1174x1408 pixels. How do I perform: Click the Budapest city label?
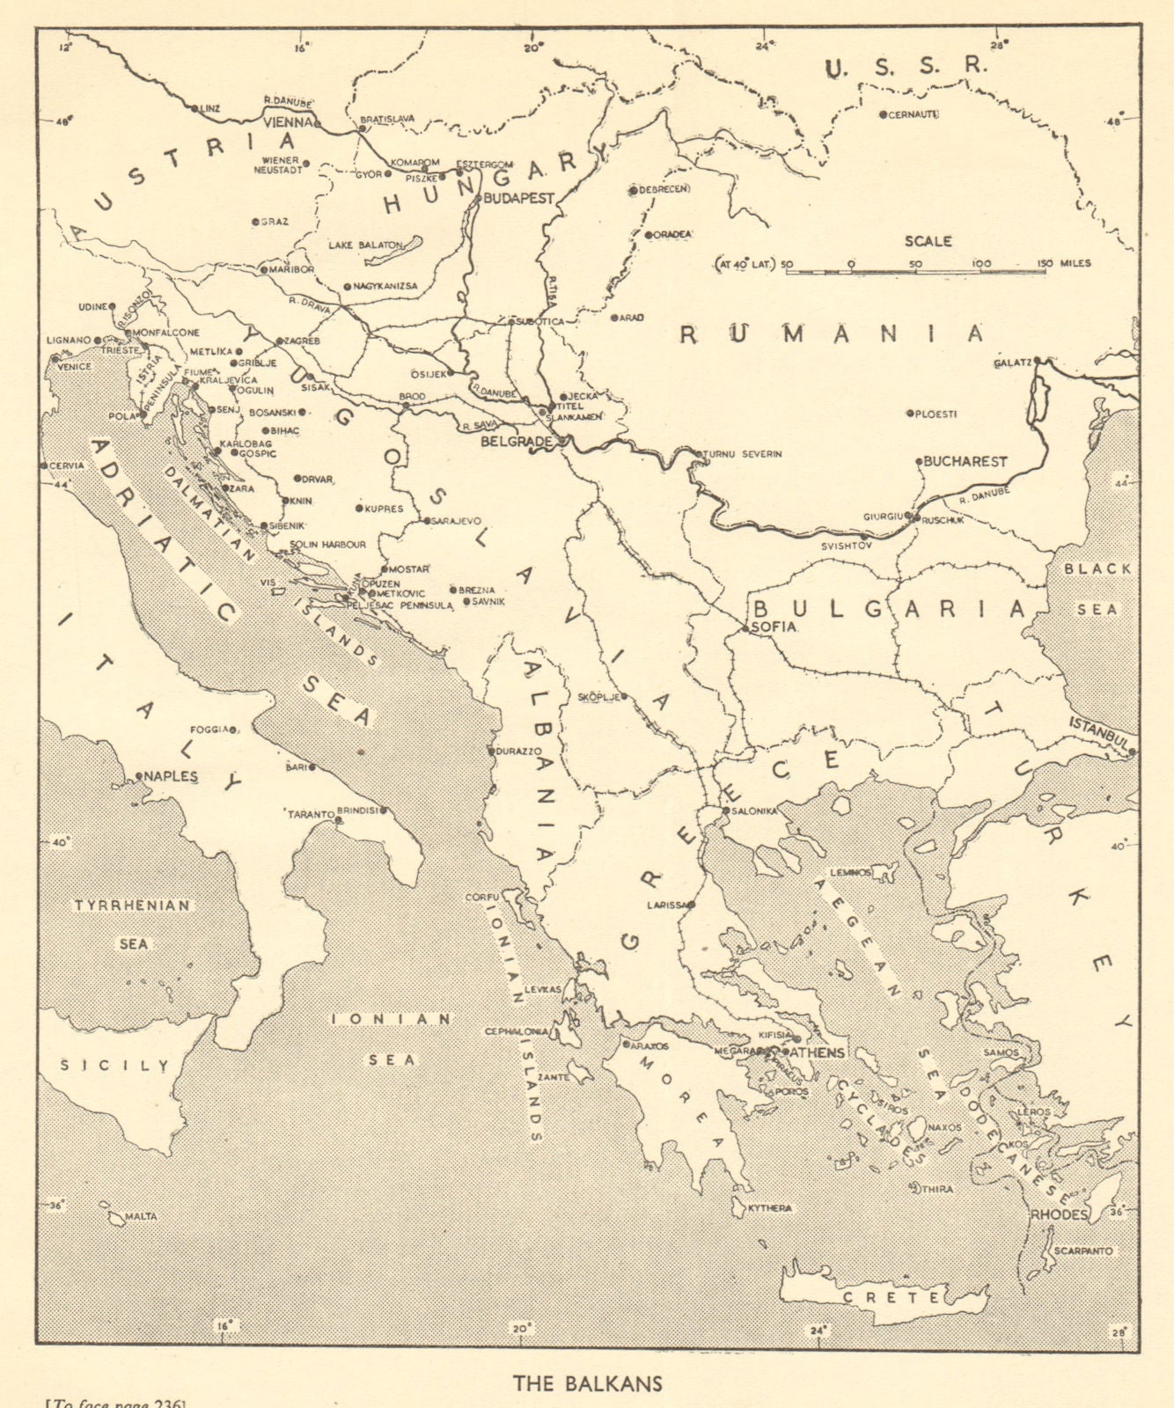tap(517, 199)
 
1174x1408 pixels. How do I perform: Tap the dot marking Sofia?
tap(745, 629)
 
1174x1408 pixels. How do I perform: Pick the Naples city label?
tap(172, 777)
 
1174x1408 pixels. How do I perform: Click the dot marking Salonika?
tap(725, 810)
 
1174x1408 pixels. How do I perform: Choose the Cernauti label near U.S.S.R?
tap(914, 114)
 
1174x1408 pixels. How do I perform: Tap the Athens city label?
tap(818, 1052)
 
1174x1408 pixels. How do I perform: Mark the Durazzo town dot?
tap(492, 752)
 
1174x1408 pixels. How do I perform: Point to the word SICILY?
tap(114, 1066)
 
